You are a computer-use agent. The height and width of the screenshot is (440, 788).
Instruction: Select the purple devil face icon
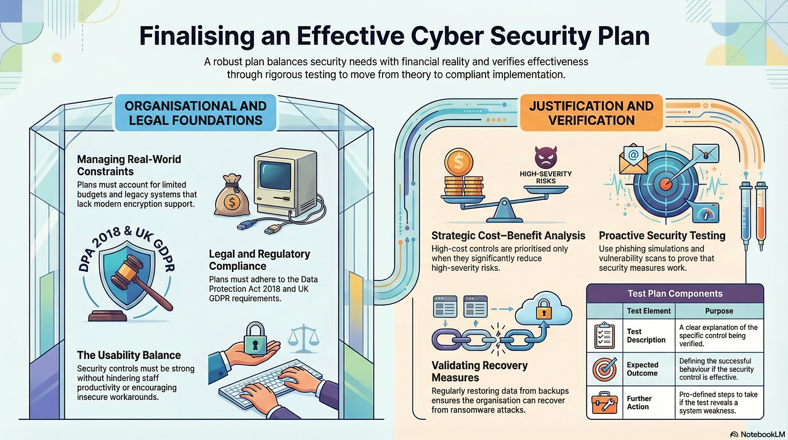[545, 157]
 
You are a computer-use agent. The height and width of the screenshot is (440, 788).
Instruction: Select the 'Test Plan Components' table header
[675, 293]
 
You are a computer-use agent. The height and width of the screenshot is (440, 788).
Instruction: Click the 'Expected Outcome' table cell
[642, 369]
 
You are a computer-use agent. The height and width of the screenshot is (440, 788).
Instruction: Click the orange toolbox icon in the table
[604, 403]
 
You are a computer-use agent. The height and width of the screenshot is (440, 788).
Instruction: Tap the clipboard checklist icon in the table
[604, 335]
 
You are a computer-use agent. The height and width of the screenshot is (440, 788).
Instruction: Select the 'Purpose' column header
[719, 311]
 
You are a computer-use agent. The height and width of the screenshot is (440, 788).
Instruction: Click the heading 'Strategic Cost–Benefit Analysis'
[508, 236]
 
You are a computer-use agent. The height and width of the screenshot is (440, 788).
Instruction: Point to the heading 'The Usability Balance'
[129, 355]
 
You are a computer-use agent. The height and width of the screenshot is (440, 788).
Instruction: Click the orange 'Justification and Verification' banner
[591, 113]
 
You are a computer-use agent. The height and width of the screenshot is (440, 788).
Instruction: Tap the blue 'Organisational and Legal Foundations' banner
[195, 113]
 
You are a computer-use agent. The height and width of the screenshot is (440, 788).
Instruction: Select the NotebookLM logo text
[762, 434]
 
